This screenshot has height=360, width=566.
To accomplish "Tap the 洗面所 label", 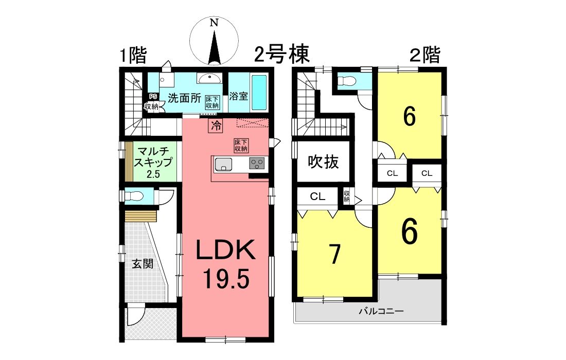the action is [184, 98].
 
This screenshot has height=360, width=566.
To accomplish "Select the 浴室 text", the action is [239, 96].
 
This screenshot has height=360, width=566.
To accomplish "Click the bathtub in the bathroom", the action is [259, 93].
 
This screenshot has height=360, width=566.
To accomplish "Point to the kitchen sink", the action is [224, 165].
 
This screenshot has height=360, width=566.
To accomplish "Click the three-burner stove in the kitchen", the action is [257, 164].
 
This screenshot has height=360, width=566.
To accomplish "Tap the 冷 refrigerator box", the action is [216, 125].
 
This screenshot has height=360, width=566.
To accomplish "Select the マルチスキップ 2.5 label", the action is [153, 163].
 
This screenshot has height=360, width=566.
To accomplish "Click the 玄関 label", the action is [143, 264].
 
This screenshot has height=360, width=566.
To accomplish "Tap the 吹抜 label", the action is [324, 162].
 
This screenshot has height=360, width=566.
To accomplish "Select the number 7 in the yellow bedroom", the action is [335, 254].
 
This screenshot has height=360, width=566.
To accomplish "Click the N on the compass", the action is [215, 23].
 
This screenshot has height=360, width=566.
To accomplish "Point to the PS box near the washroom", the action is [153, 97].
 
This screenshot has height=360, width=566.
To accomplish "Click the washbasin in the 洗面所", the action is [209, 78].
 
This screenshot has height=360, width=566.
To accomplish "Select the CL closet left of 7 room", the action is [317, 196].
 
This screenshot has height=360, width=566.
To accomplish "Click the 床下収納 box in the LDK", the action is [241, 145].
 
